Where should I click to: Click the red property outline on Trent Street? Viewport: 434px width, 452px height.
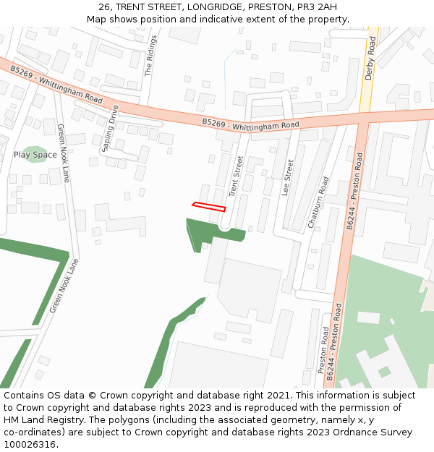click(x=209, y=207)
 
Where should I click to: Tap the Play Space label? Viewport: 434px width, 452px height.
click(x=35, y=155)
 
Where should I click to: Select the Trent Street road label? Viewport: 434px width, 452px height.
click(x=236, y=176)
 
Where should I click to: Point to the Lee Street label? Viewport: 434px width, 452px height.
click(x=289, y=179)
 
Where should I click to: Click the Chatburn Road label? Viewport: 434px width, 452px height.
click(x=318, y=202)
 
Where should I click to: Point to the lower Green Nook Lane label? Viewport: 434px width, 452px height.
click(x=63, y=286)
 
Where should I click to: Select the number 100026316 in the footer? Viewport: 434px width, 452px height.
click(x=31, y=444)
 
